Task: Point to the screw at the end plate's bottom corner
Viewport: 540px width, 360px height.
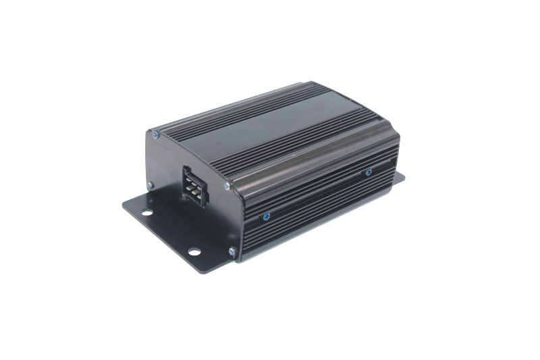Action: point(232,252)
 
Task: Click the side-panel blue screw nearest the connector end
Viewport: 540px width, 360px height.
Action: point(265,217)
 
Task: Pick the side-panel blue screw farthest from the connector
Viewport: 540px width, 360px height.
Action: point(368,172)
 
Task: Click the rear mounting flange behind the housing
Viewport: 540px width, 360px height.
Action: point(399,177)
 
